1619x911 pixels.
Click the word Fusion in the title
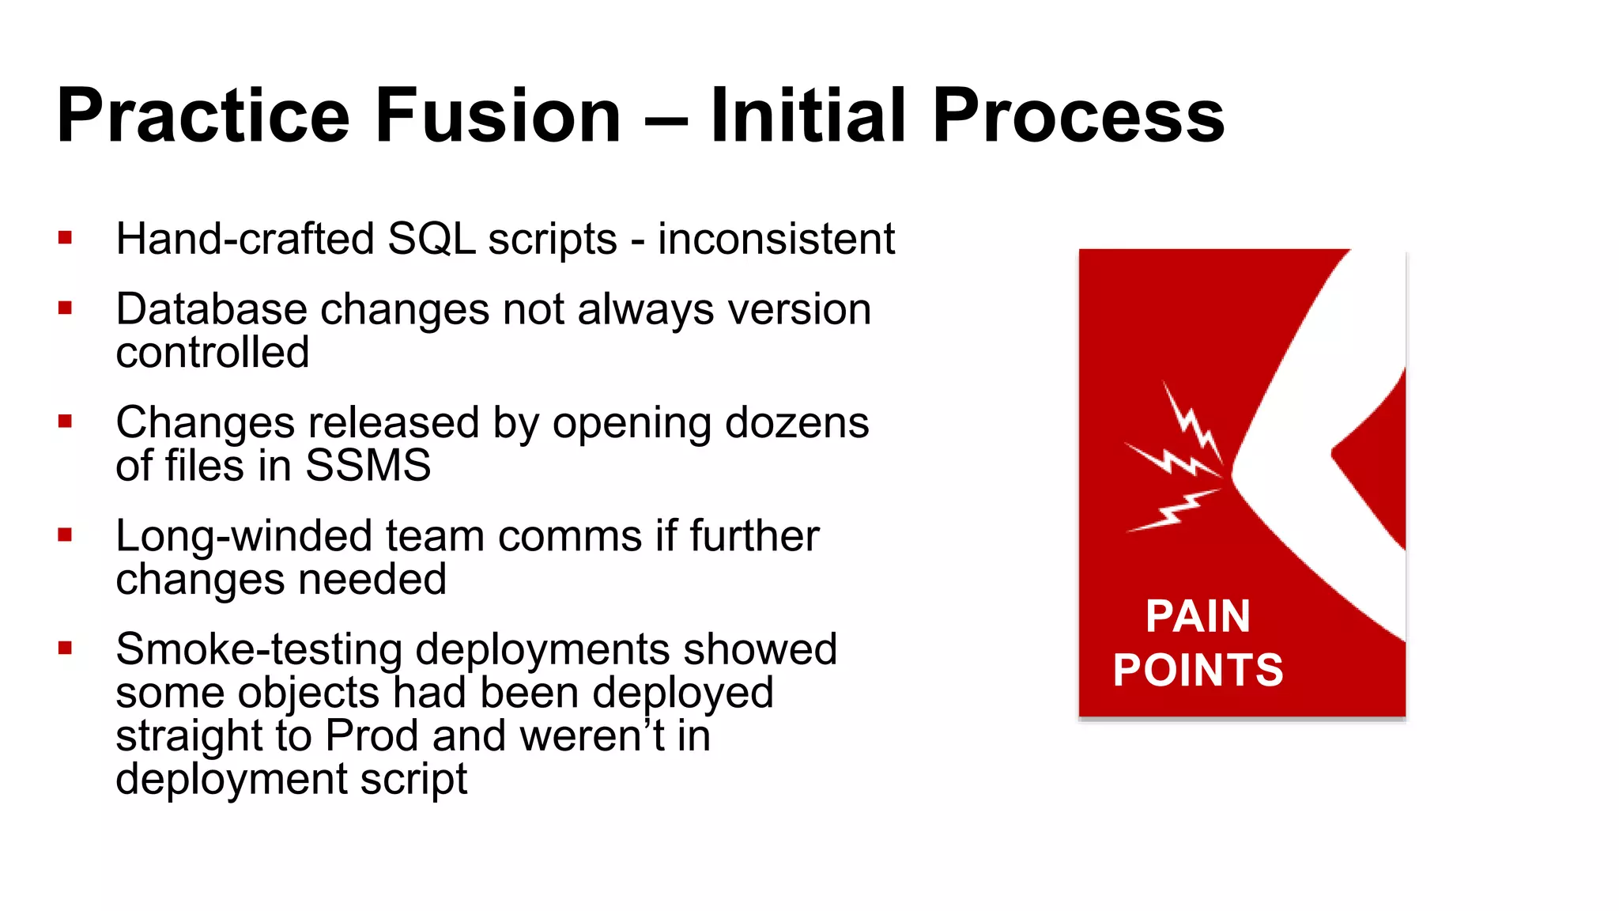coord(498,116)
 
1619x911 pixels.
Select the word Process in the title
coord(1078,116)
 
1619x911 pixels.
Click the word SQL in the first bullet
coord(432,239)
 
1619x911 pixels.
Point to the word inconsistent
coord(776,239)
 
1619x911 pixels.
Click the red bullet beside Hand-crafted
coord(65,237)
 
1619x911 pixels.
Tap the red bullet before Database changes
coord(65,308)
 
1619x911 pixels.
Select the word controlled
coord(212,353)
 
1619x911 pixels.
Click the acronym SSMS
coord(368,466)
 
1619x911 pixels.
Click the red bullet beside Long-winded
coord(65,535)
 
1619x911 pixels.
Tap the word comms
coord(569,537)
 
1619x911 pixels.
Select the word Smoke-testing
coord(259,649)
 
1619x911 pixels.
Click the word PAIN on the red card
coord(1198,616)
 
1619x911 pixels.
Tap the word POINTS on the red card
coord(1198,670)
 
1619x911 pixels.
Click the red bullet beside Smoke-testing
coord(65,648)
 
